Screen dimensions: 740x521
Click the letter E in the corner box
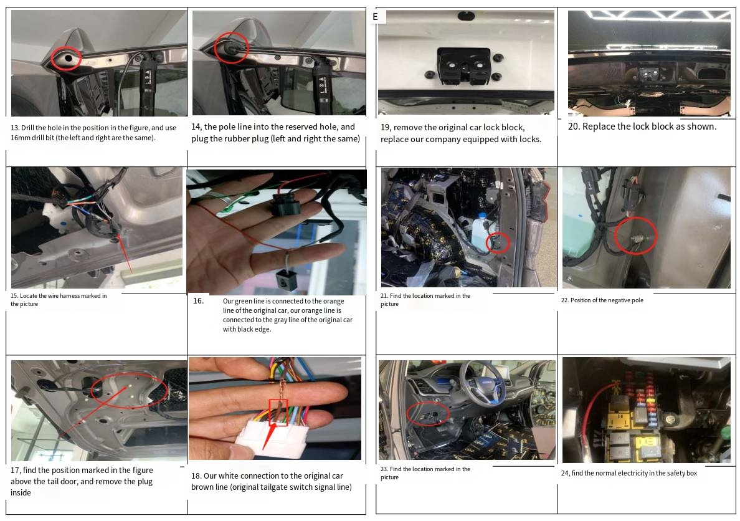[x=375, y=17]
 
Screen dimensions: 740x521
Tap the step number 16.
[x=198, y=301]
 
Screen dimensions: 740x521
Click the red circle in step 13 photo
[x=66, y=58]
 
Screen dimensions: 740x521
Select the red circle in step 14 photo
[x=231, y=48]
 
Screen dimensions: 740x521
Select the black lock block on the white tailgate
[x=463, y=66]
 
